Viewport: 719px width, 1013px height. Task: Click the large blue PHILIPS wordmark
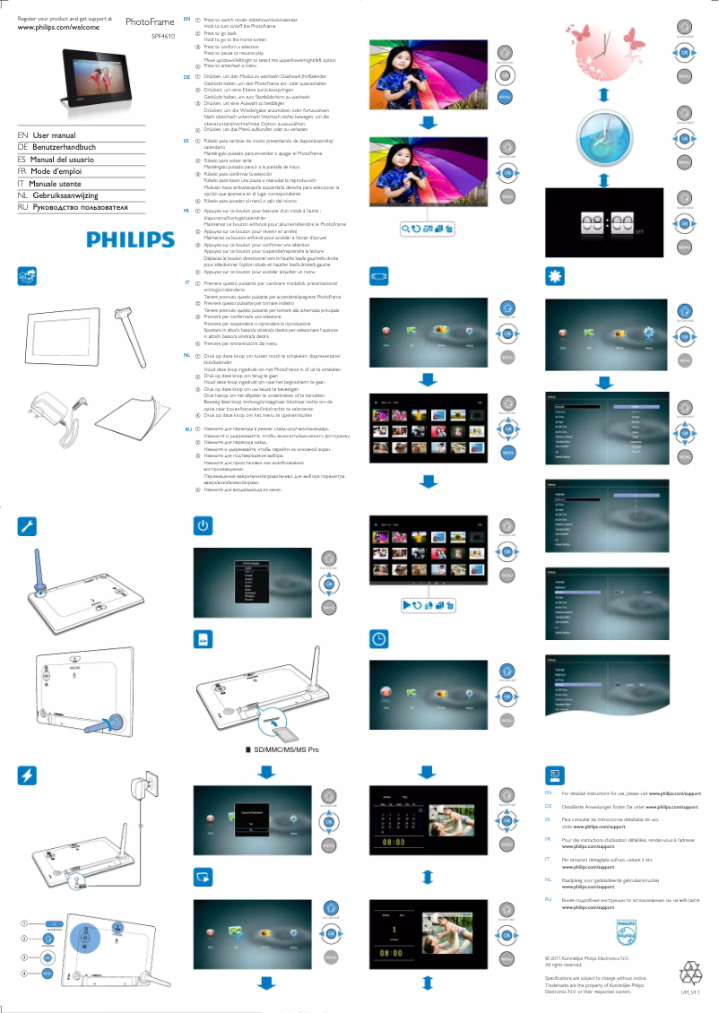pos(130,239)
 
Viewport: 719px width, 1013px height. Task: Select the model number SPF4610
pos(162,37)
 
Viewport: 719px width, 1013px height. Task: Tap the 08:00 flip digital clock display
pos(603,224)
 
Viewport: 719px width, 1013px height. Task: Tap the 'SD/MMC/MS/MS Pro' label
pos(287,748)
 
